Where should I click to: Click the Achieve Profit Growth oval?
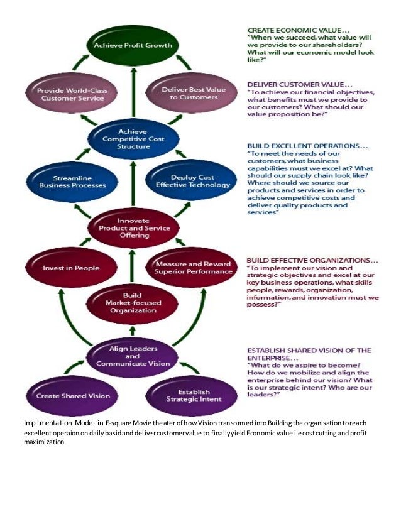click(133, 46)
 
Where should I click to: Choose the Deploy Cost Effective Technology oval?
click(192, 182)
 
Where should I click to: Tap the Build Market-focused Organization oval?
click(133, 303)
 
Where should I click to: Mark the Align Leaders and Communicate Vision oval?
click(133, 356)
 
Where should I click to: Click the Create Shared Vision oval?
click(72, 396)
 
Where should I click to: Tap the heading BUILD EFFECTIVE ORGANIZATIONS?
click(312, 259)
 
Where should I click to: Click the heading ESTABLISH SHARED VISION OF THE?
click(309, 351)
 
